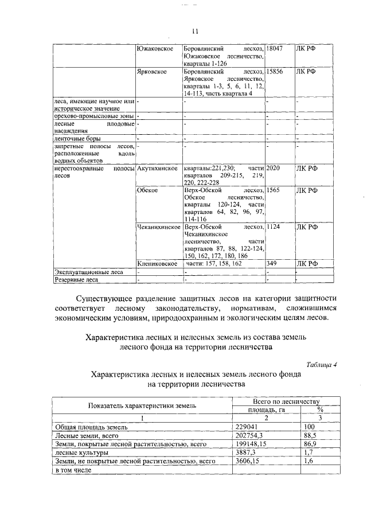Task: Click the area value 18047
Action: click(x=276, y=49)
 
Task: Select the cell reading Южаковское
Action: click(x=155, y=49)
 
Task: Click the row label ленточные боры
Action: click(x=76, y=139)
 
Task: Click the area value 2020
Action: click(x=275, y=169)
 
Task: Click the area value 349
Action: click(x=273, y=264)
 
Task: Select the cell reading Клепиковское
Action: click(x=158, y=264)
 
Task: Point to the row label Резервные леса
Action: click(x=76, y=280)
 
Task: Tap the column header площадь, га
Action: click(x=266, y=409)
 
